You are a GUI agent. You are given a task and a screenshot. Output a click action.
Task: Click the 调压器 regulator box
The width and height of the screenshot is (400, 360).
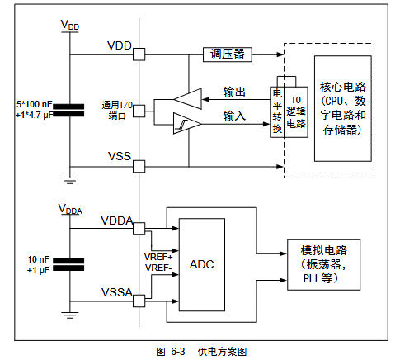(227, 54)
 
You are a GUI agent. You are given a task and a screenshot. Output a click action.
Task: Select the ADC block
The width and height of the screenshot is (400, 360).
(203, 264)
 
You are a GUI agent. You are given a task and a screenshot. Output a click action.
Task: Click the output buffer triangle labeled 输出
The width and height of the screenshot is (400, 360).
(187, 98)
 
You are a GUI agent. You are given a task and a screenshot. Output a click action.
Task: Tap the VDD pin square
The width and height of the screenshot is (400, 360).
(139, 54)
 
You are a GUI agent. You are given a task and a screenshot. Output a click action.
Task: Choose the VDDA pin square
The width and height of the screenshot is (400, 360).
(139, 228)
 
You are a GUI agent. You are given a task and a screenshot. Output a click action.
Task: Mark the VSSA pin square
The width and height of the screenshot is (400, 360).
(139, 300)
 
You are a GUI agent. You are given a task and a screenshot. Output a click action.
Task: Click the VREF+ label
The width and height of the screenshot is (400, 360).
(158, 257)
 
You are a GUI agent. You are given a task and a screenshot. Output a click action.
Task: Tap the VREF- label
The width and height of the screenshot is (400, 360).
(158, 268)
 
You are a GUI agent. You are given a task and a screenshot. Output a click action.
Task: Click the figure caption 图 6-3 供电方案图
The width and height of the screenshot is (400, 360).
(201, 351)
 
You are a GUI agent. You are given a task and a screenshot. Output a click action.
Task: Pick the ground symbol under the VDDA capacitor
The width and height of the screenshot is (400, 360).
(71, 316)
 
